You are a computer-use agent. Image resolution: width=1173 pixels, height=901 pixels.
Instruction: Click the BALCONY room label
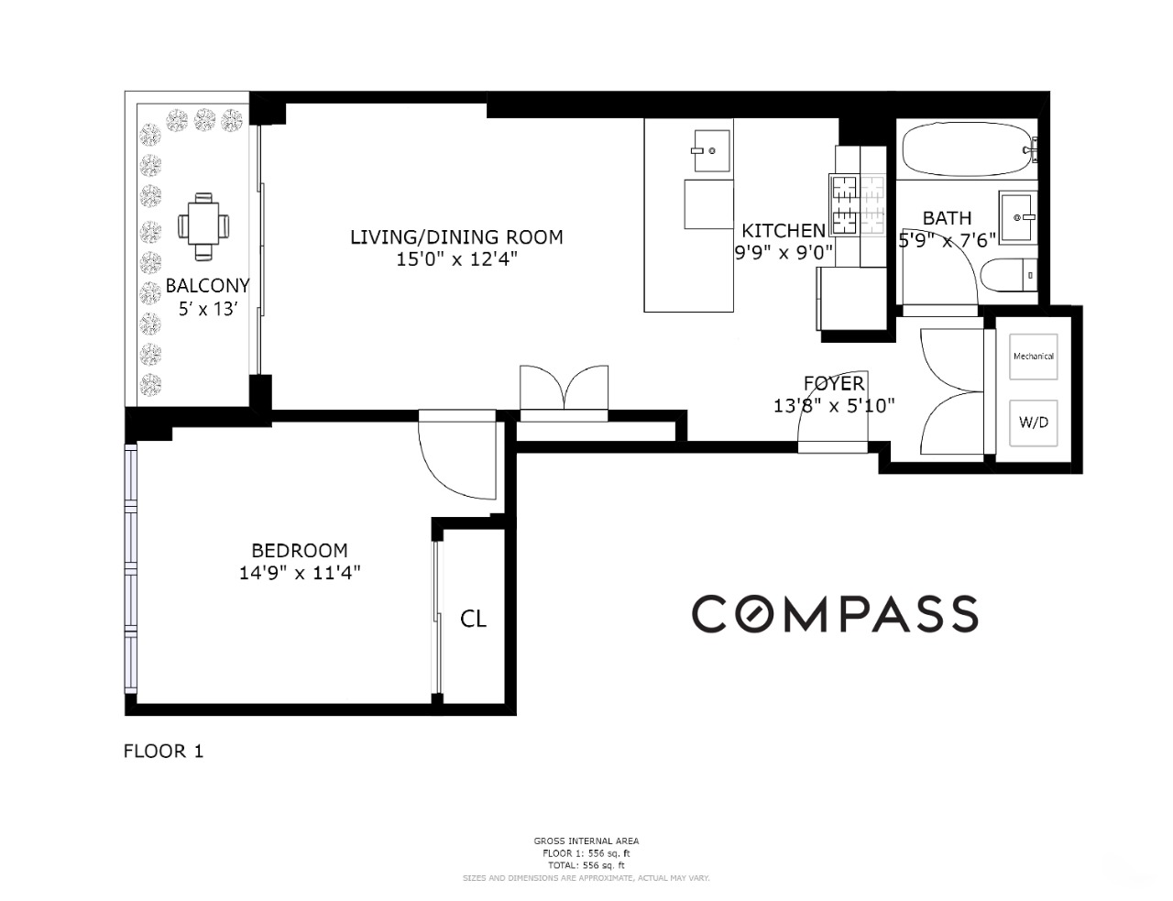[x=207, y=286]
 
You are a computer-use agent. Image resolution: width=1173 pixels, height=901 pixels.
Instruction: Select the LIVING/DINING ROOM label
[x=456, y=237]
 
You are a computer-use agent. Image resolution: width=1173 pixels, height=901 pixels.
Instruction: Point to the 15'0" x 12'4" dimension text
[x=456, y=259]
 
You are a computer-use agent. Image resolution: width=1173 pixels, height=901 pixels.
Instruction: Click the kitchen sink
[x=711, y=151]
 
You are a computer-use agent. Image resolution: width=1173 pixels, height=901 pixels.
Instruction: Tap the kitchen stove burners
[x=858, y=203]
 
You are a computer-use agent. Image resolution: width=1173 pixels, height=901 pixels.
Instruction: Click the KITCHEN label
[x=784, y=231]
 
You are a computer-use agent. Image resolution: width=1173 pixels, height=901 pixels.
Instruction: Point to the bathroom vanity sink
[x=1017, y=217]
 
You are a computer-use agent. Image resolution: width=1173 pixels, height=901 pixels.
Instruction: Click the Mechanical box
[x=1033, y=356]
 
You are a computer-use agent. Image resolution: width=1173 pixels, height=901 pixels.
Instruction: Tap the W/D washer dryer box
[x=1033, y=423]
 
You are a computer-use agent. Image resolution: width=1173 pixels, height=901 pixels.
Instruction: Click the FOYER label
[x=834, y=383]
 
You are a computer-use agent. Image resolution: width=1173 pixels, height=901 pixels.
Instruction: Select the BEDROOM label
[x=300, y=551]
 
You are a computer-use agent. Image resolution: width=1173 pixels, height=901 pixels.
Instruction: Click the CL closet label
[x=473, y=620]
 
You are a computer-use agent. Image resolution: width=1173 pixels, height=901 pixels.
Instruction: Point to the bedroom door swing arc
[x=454, y=458]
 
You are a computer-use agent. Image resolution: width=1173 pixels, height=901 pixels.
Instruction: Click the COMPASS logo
[x=834, y=613]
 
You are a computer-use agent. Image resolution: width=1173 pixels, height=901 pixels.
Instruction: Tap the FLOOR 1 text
[x=163, y=752]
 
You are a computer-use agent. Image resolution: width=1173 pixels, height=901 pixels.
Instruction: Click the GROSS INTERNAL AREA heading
[x=586, y=841]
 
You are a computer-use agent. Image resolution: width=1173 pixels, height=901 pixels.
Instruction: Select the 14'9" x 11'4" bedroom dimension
[x=300, y=573]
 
